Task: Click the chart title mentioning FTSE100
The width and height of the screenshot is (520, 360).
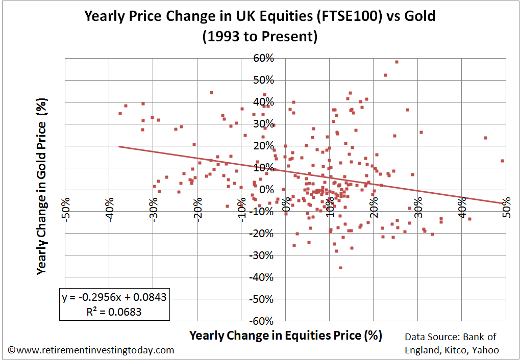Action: (x=260, y=16)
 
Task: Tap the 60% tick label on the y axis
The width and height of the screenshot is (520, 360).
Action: (x=264, y=58)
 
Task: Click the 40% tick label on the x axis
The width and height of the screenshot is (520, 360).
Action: (x=462, y=208)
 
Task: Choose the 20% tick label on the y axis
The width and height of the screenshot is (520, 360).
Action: (x=264, y=146)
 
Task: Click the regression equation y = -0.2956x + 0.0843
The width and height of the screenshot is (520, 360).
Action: (x=114, y=297)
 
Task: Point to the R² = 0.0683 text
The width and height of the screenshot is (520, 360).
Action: (x=114, y=312)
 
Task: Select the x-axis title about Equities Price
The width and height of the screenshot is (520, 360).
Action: (x=286, y=335)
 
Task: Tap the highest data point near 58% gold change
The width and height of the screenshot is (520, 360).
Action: (x=397, y=62)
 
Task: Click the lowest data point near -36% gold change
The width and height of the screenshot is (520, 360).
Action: (x=340, y=268)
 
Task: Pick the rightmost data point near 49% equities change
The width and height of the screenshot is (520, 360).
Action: (x=503, y=161)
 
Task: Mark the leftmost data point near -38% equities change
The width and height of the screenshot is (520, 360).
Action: (x=120, y=113)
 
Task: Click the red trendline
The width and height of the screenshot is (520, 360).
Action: (x=312, y=175)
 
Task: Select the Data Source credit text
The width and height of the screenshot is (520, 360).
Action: (x=452, y=343)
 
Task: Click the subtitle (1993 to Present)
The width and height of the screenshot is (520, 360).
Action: (x=260, y=36)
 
